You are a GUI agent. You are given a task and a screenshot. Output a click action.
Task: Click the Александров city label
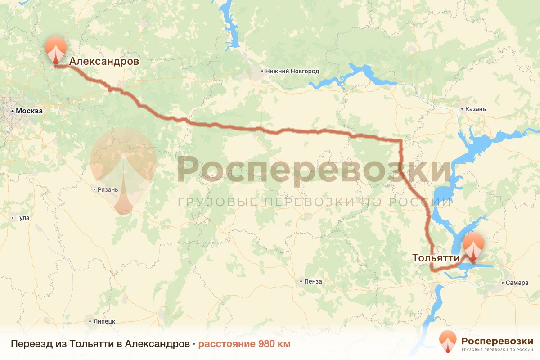point(104,61)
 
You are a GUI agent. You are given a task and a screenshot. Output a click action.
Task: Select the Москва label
point(29,111)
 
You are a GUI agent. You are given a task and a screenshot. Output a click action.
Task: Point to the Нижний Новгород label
point(292,71)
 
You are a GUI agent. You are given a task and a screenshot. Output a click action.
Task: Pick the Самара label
point(513,283)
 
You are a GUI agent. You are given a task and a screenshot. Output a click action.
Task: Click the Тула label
point(22,218)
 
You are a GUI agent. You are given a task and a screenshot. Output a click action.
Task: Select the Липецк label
point(104,321)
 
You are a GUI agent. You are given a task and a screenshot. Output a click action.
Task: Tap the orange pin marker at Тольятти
point(473,246)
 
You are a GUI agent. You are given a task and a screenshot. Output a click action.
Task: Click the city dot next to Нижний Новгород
point(263,71)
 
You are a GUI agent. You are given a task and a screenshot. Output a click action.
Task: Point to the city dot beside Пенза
point(301,281)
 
